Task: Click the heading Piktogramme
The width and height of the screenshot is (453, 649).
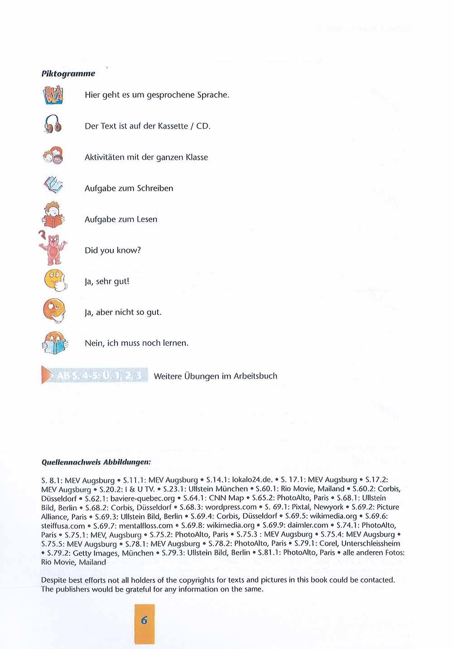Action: click(68, 73)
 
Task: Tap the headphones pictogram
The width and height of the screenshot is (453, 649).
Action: click(53, 124)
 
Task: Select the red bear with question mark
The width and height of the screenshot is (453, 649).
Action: click(53, 248)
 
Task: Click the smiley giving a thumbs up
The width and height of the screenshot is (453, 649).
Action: click(55, 280)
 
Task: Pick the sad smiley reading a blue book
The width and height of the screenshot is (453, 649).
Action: click(54, 343)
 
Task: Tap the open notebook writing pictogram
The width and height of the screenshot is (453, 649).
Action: click(53, 185)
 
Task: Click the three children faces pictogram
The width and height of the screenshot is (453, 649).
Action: click(53, 156)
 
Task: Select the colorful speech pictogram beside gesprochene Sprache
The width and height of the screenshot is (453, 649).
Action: click(53, 95)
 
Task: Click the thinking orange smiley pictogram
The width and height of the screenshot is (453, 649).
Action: click(54, 310)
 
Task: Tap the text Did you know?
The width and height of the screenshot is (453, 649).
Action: click(113, 250)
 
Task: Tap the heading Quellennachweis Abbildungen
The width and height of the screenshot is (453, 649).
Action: click(96, 463)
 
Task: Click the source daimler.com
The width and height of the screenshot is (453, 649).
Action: click(308, 525)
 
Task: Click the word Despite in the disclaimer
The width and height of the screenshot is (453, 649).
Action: click(53, 580)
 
